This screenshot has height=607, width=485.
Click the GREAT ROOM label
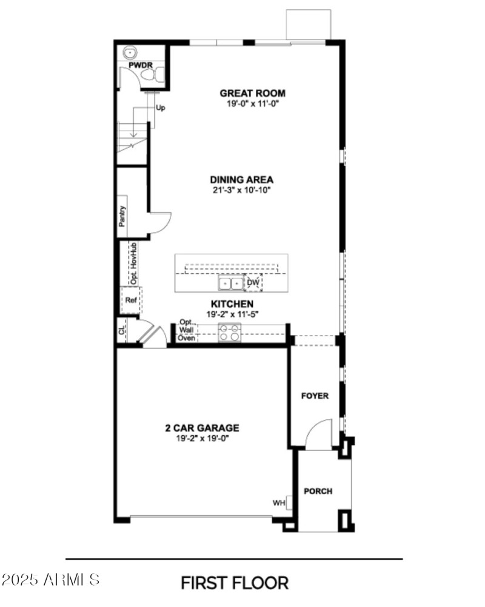click(252, 93)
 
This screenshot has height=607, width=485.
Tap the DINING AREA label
click(241, 180)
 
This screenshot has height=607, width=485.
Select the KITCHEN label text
click(232, 303)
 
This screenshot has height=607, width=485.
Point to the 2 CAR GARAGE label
click(202, 427)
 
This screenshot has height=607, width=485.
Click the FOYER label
click(315, 396)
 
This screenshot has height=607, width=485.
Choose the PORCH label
click(318, 491)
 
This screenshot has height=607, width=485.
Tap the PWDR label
click(139, 64)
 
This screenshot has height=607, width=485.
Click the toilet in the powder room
click(153, 75)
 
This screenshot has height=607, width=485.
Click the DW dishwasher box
click(253, 283)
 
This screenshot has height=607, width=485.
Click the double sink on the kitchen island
click(230, 283)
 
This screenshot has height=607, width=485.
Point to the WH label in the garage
click(279, 503)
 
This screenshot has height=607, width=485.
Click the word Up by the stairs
click(161, 108)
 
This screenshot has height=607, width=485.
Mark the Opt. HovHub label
click(132, 263)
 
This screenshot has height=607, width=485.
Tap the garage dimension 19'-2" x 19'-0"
click(202, 438)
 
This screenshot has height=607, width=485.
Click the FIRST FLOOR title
click(235, 583)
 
